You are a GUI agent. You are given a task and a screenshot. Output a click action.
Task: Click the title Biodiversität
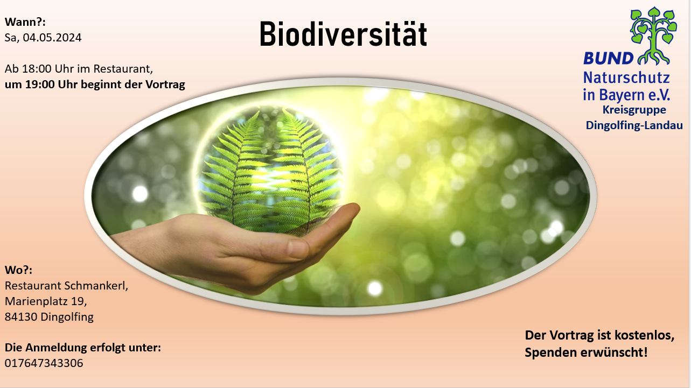tap(343, 34)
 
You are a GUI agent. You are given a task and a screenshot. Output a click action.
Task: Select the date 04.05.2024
tap(52, 38)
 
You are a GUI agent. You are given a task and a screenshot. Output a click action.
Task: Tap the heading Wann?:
tap(25, 22)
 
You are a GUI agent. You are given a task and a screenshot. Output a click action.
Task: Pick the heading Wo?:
tap(18, 270)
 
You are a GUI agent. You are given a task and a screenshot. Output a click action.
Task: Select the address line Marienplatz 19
tap(46, 301)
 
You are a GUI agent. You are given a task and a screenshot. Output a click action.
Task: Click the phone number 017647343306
tap(44, 363)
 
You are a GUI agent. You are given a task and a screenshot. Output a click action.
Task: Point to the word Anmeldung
tap(57, 348)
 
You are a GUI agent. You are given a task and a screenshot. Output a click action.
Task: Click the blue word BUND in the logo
tap(608, 58)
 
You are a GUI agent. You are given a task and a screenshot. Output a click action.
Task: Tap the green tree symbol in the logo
tap(654, 36)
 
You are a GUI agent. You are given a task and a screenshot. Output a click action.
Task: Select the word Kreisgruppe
tap(634, 110)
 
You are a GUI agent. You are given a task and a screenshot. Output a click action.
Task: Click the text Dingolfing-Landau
tap(634, 125)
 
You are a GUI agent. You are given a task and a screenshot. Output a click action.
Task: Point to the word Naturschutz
tap(626, 77)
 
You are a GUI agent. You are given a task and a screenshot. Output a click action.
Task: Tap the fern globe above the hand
tap(269, 169)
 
